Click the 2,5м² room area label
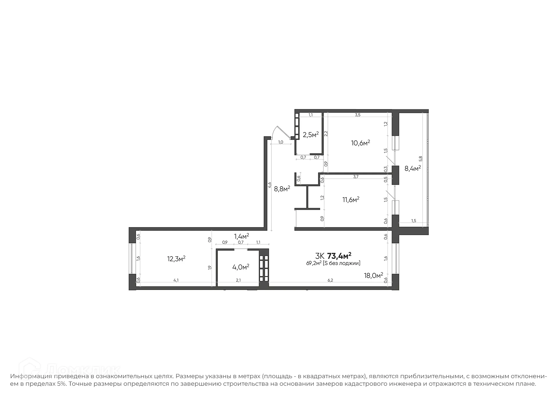point(311,135)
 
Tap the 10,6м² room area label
point(360,143)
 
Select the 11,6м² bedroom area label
point(351,200)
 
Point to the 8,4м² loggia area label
point(413,168)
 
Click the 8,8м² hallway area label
point(282,189)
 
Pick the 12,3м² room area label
point(176,259)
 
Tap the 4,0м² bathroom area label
point(241,267)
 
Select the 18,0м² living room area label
point(373,275)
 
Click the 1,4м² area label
point(242,236)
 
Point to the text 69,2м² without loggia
point(333,263)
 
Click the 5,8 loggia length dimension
point(421,159)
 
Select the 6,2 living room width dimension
point(330,280)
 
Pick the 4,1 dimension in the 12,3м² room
point(176,280)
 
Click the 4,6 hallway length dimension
point(269,185)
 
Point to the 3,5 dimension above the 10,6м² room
point(357,115)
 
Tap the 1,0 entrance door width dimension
point(280,142)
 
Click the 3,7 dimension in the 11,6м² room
point(356,177)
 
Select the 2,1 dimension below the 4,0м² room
point(238,280)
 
